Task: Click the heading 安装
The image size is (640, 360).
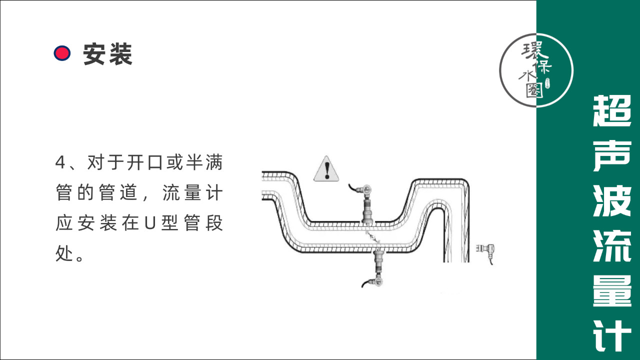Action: tap(107, 53)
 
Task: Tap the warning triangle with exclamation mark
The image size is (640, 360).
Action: tap(326, 169)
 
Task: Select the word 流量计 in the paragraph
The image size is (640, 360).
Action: tap(192, 193)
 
